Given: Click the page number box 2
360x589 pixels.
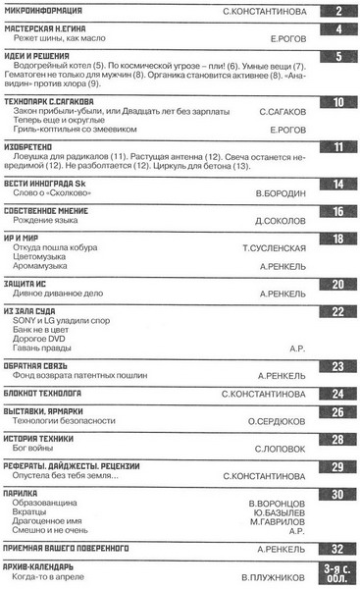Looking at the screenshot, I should (337, 12).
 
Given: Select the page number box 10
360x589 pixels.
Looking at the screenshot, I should (337, 102).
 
